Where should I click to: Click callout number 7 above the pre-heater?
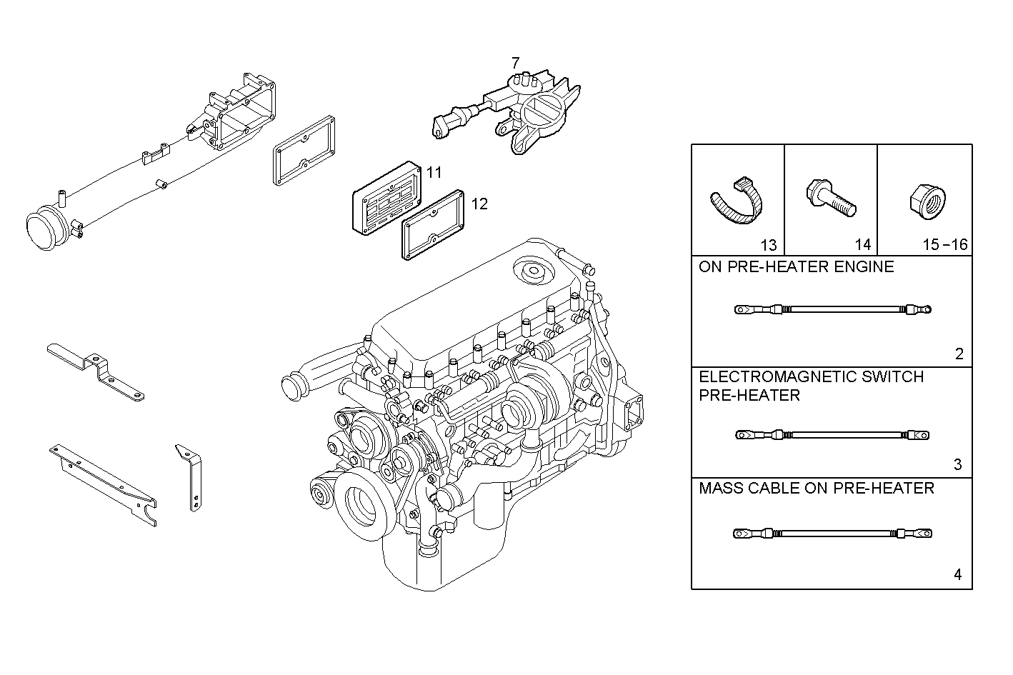point(515,64)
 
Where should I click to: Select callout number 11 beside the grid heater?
point(434,172)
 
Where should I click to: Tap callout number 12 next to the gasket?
point(479,204)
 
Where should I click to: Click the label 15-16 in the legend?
point(944,245)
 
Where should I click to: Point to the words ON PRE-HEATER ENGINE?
point(796,267)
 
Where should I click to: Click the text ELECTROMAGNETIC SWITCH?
point(811,376)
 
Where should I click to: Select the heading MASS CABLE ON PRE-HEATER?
point(816,489)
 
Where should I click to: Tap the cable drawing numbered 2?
point(833,310)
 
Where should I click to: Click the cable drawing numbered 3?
point(833,434)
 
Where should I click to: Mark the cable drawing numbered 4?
point(833,533)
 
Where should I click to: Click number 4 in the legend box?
point(958,574)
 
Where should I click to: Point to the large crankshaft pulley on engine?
point(361,505)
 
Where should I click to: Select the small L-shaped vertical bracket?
point(191,476)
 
